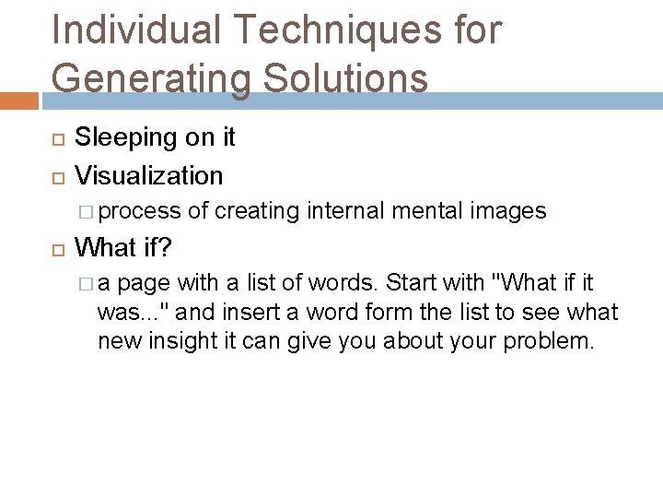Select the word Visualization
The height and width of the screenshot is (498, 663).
click(148, 175)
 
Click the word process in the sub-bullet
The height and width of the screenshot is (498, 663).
click(139, 211)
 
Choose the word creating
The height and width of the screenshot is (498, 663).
click(257, 211)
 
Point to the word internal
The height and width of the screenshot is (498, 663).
click(346, 211)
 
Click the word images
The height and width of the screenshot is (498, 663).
click(508, 211)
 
